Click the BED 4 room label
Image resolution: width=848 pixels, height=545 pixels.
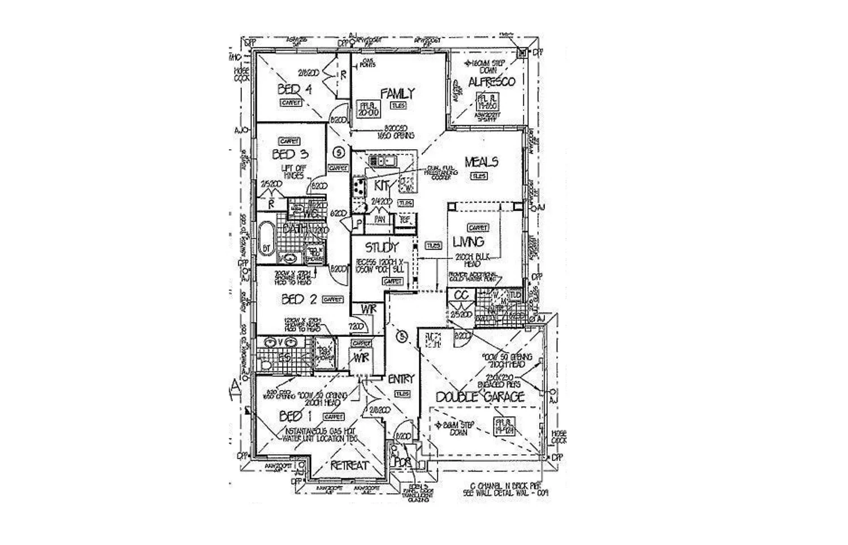click(x=294, y=89)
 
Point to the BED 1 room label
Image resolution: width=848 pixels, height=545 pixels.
click(x=295, y=417)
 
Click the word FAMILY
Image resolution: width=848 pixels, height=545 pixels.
click(x=397, y=93)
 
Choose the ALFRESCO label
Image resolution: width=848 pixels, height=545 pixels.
click(x=491, y=82)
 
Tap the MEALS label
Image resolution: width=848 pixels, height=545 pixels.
click(x=481, y=162)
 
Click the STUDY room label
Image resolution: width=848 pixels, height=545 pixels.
click(x=381, y=247)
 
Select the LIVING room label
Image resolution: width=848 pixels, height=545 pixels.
click(x=468, y=242)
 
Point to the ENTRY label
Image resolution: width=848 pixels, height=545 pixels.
click(x=401, y=379)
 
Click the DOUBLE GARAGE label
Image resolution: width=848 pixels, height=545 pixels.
click(x=479, y=397)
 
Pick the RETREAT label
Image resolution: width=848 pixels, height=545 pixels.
click(x=349, y=466)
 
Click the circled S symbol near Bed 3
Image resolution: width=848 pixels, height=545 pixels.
click(x=338, y=152)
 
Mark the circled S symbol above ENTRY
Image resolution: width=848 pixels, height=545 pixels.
click(x=401, y=337)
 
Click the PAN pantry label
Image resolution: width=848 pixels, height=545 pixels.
click(x=379, y=219)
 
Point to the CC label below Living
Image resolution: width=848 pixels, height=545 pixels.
click(x=461, y=296)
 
